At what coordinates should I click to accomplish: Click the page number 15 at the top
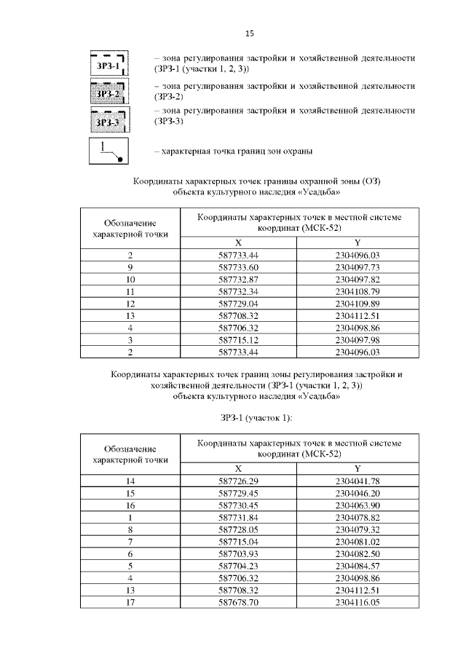249,33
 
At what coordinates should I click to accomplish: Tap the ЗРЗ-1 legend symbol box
108,64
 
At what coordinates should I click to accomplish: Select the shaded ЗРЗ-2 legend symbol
108,92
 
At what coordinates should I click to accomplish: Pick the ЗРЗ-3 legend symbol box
108,120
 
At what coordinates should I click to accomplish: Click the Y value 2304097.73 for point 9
357,267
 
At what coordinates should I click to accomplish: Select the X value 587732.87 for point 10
239,279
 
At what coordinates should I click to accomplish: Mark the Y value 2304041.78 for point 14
357,481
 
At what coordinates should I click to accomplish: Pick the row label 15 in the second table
130,493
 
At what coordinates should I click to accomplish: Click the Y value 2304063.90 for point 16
357,505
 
